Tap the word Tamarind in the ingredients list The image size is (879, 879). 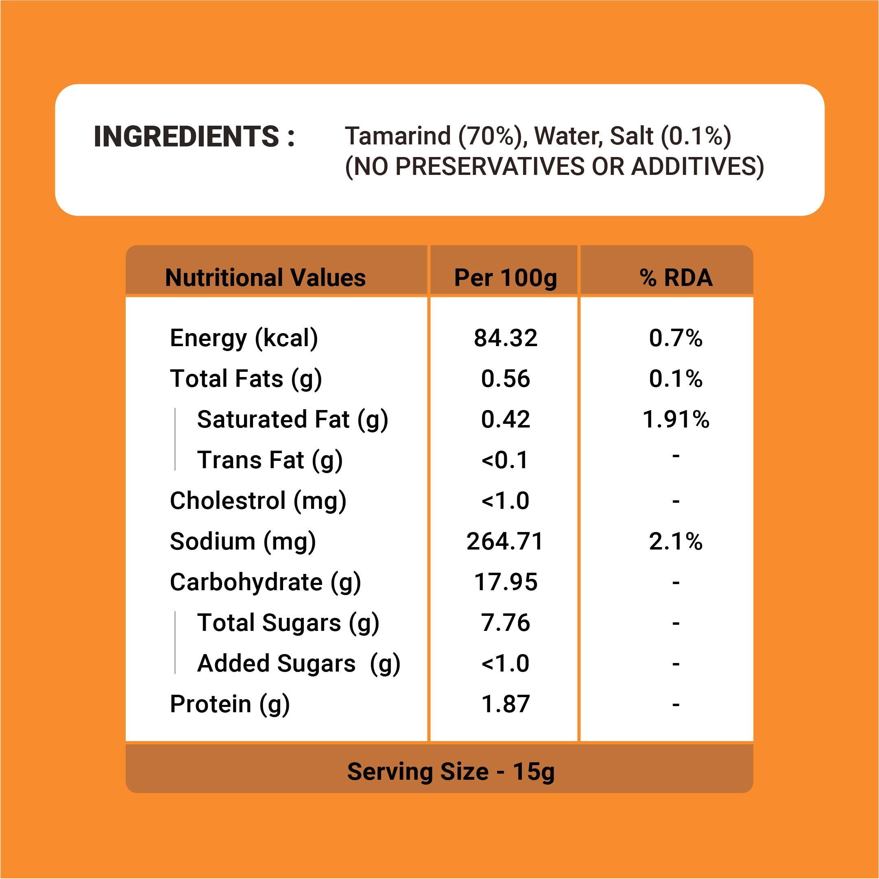[398, 136]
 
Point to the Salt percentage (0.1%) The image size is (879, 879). [696, 136]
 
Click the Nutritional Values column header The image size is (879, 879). [265, 277]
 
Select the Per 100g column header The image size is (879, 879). [505, 277]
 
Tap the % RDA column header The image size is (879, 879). [676, 277]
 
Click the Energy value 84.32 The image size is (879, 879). [506, 338]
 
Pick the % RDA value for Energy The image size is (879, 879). [676, 338]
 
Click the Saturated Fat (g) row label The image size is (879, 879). [292, 419]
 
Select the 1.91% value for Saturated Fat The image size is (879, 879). [676, 419]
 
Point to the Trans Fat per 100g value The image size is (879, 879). [505, 460]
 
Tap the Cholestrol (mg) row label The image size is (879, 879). [258, 501]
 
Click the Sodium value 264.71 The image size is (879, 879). [505, 541]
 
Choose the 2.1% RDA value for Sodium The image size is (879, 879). [676, 541]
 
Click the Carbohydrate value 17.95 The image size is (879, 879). [506, 582]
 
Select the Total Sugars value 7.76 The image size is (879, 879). [506, 623]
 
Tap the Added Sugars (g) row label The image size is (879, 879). [299, 664]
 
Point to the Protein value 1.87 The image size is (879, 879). [506, 704]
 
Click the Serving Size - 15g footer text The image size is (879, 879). [451, 772]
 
